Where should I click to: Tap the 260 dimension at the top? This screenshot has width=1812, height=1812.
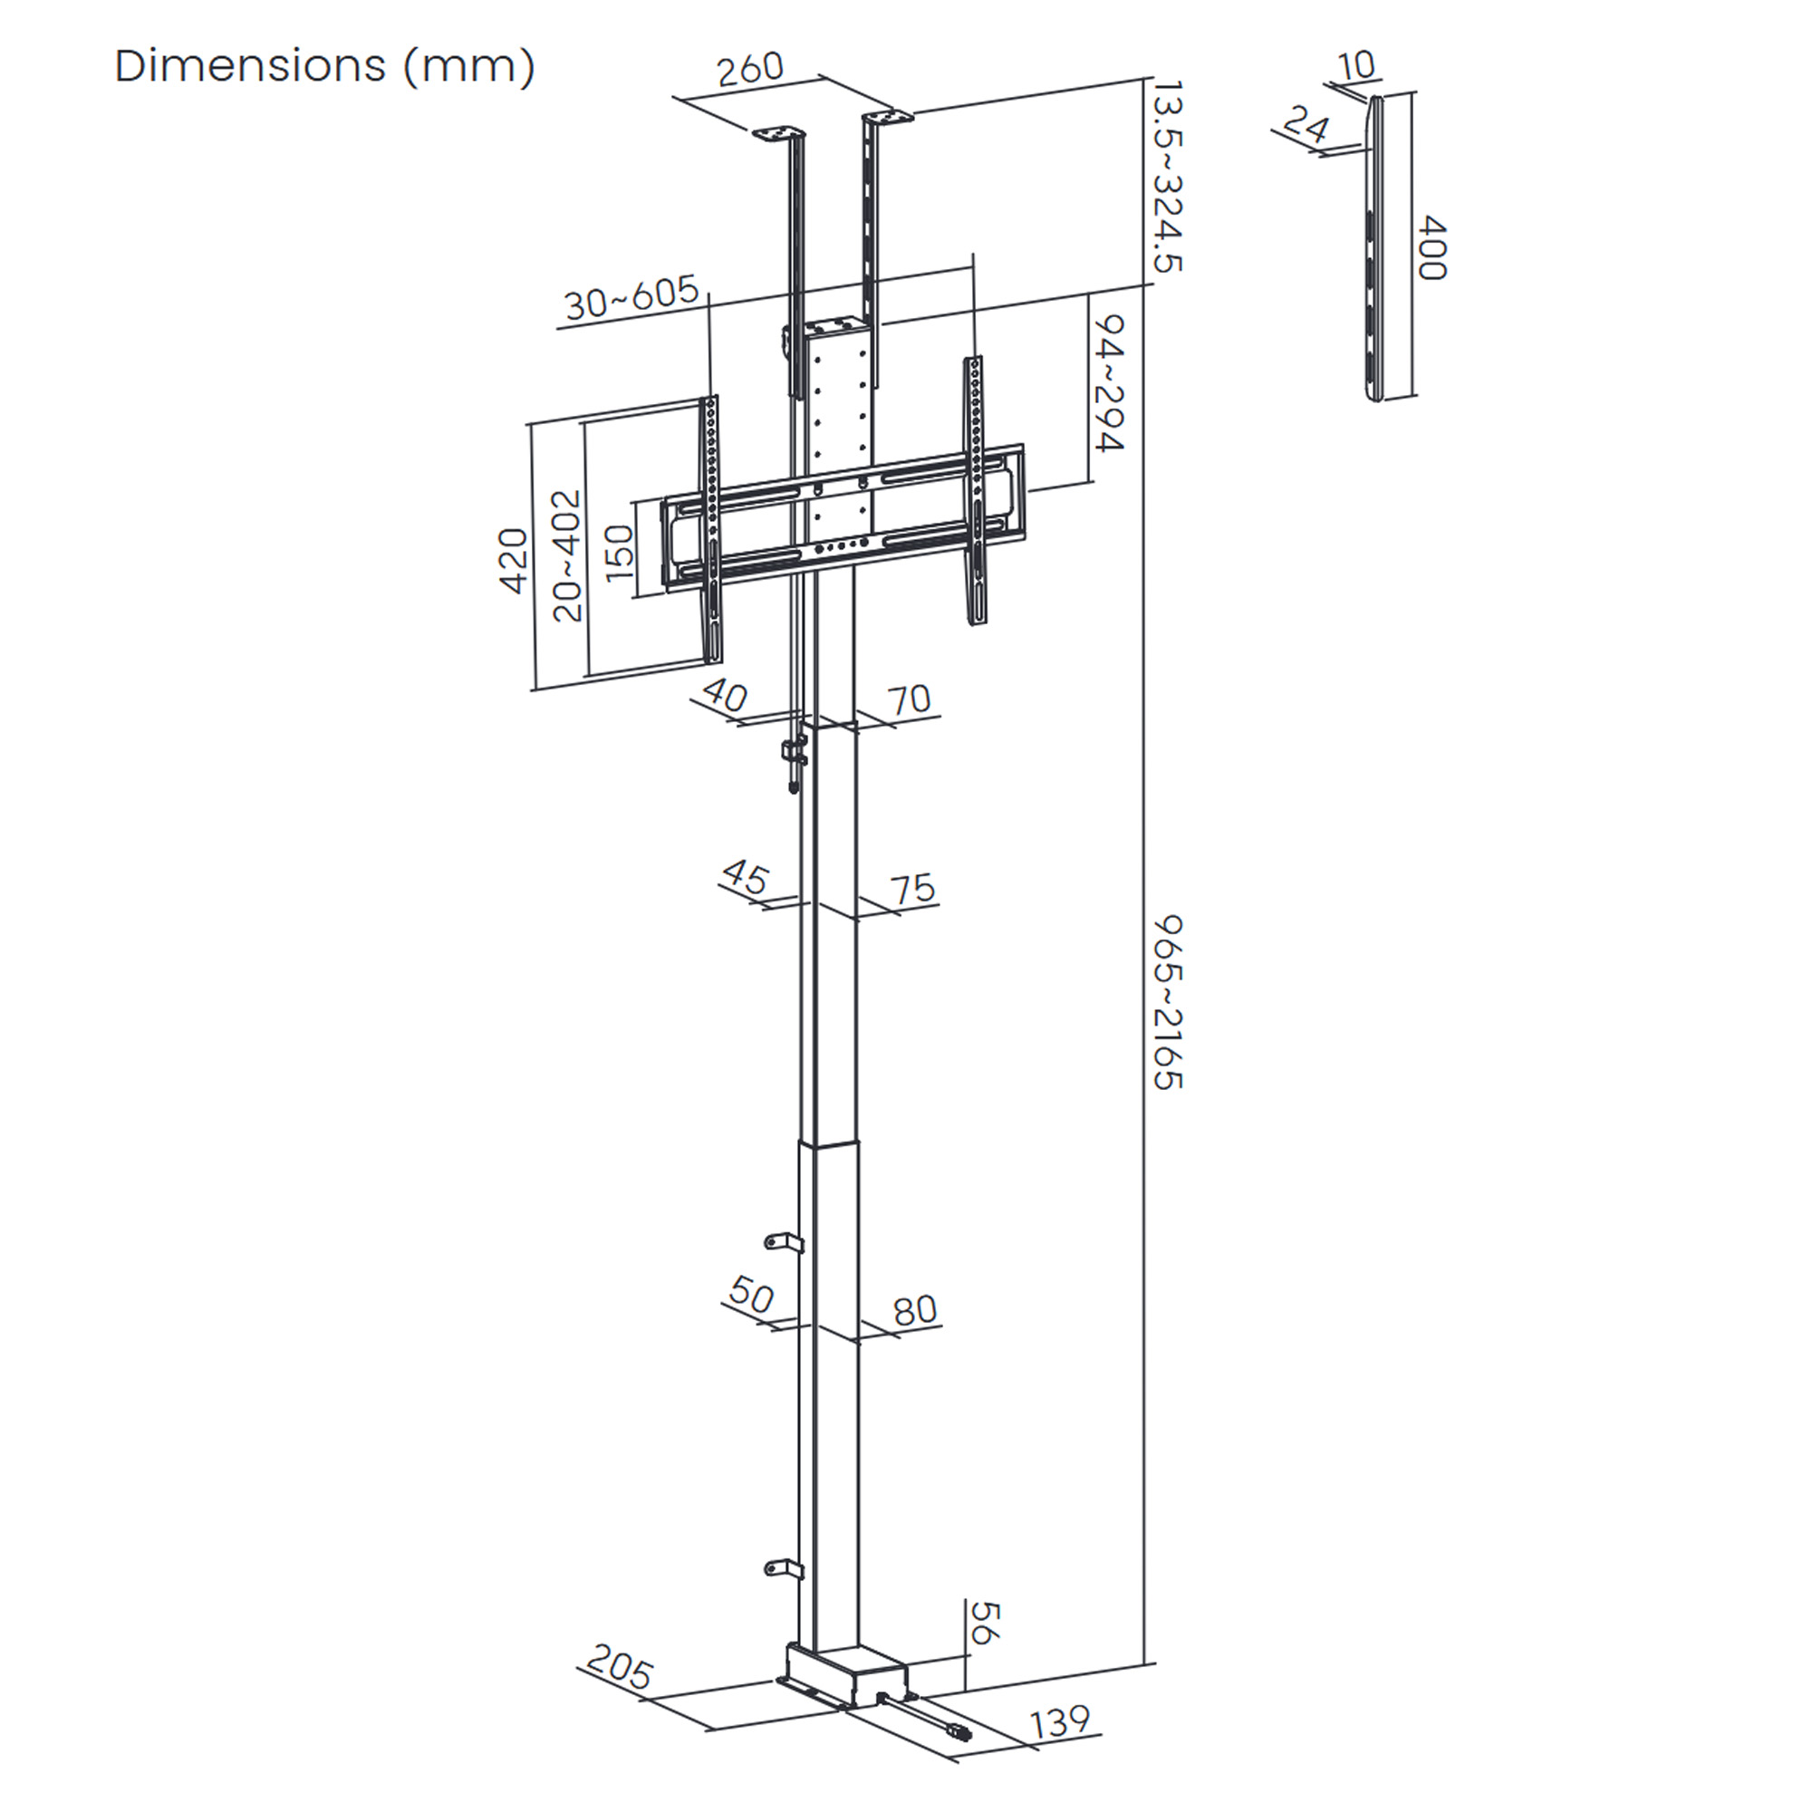[x=750, y=70]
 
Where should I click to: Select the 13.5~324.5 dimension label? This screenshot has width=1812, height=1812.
[x=1167, y=177]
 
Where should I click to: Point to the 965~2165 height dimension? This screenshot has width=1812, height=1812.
[x=1168, y=1003]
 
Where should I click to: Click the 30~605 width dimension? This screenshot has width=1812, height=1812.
[x=632, y=297]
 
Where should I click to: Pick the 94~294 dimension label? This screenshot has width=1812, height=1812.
[x=1109, y=382]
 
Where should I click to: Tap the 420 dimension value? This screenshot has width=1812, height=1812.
[x=513, y=561]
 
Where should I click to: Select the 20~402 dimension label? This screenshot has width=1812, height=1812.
[x=567, y=556]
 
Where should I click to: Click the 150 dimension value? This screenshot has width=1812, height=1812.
[x=619, y=553]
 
